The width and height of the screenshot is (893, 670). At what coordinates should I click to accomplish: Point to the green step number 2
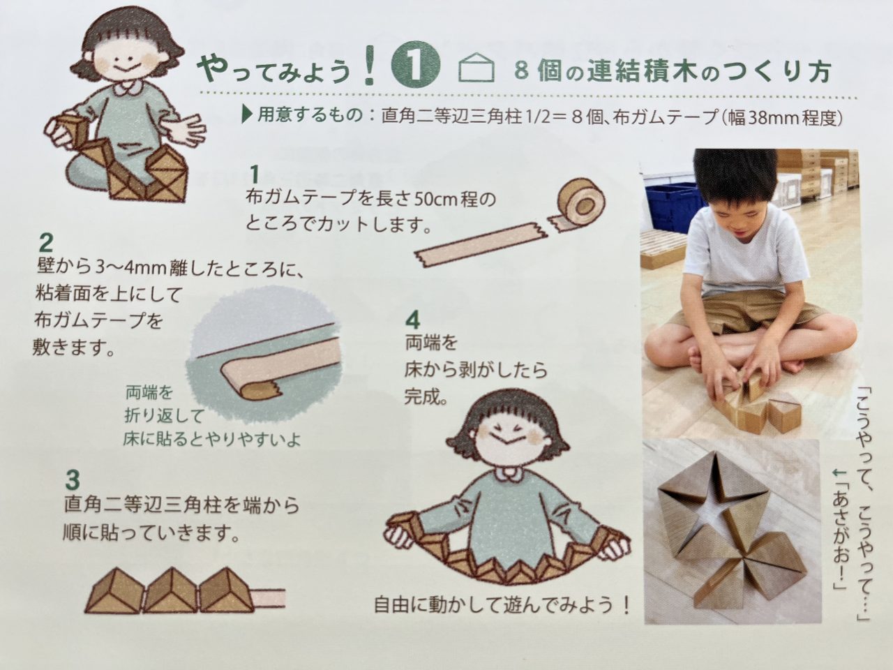[x=46, y=243]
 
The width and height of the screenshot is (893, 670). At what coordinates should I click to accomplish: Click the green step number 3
[x=73, y=479]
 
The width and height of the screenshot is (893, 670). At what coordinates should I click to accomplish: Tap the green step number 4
[x=412, y=320]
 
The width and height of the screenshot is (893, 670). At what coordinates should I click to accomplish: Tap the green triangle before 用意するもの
[x=246, y=115]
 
